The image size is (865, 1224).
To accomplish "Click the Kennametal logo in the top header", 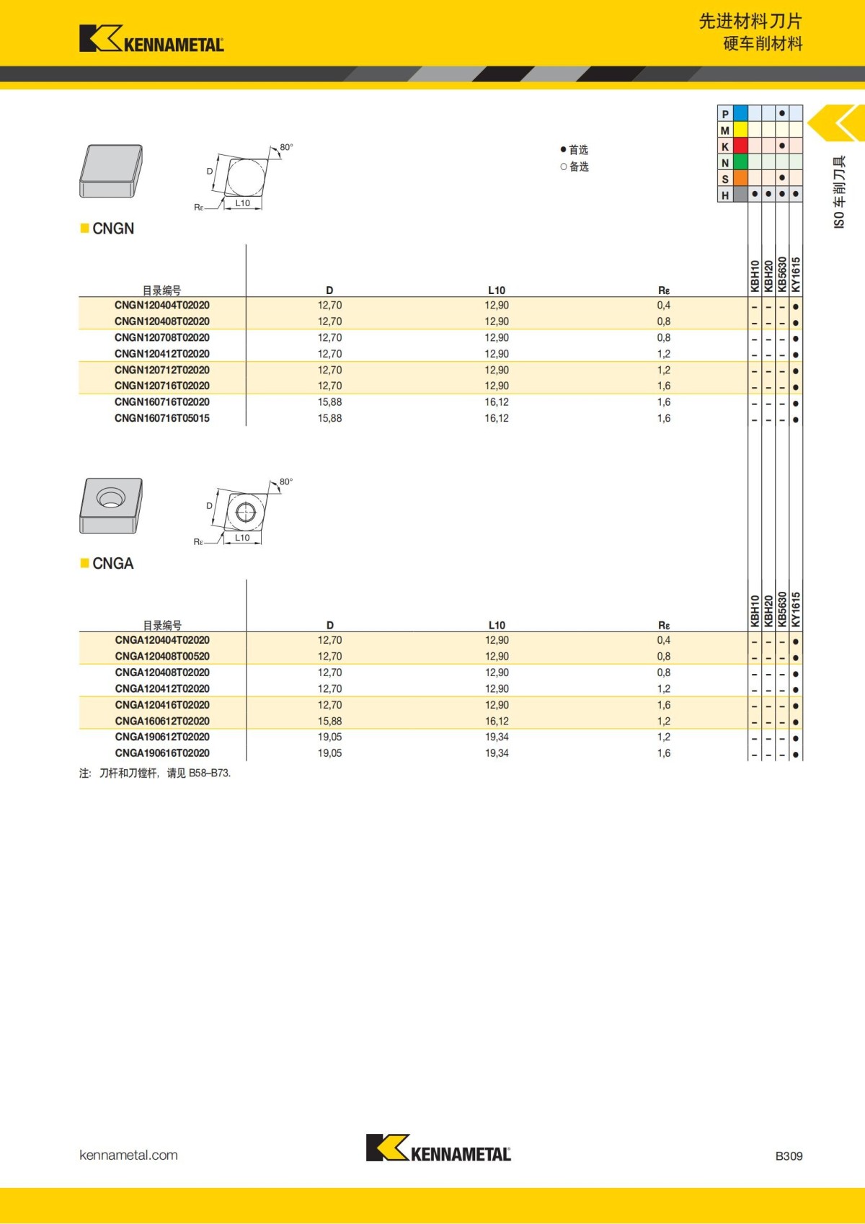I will tap(151, 39).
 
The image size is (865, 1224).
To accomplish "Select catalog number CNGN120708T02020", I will tap(162, 337).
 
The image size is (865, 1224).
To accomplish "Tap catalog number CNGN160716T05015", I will tap(162, 418).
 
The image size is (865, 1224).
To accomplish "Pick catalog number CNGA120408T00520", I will tap(162, 656).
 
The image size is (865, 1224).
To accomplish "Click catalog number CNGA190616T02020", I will tap(162, 753).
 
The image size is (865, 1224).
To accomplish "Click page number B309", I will tap(789, 1156).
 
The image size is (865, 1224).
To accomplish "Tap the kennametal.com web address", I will tap(128, 1156).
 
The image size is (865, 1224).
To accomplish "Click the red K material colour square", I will tap(740, 146).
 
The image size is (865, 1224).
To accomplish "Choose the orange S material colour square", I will tap(740, 178).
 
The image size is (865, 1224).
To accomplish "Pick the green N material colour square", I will tap(740, 162).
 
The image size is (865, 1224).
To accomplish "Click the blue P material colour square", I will tap(740, 113).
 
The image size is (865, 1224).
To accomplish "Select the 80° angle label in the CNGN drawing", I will tap(286, 147).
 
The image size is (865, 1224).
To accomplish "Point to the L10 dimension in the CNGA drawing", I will tap(242, 538).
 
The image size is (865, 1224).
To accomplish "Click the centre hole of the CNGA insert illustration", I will tap(110, 498).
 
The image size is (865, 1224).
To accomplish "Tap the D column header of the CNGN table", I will tap(329, 291).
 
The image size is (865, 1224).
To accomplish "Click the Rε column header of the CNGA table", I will tap(664, 626).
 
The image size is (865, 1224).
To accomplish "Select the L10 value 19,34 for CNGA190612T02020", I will tap(497, 737).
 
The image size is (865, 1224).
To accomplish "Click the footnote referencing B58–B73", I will tap(155, 773).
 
